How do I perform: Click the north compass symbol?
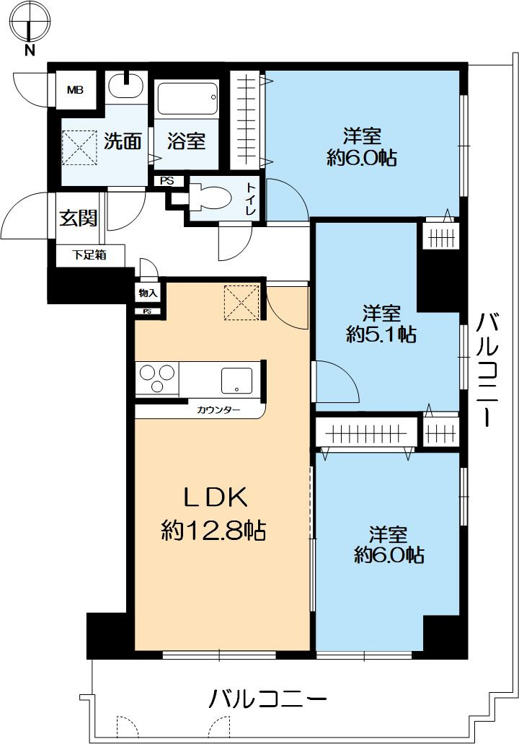(x=30, y=24)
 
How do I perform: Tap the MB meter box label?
(x=74, y=89)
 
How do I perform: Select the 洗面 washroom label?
(x=123, y=141)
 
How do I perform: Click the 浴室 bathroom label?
(x=187, y=141)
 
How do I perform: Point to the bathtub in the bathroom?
(x=187, y=99)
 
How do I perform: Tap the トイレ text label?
(x=250, y=199)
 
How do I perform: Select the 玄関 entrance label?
(x=78, y=218)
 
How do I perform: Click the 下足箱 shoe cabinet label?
(x=89, y=254)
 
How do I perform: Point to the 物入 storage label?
(x=148, y=293)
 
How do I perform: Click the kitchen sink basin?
(x=237, y=381)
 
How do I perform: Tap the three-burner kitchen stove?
(x=157, y=379)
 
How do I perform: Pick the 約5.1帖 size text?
(x=381, y=335)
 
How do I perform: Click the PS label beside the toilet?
(x=167, y=181)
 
